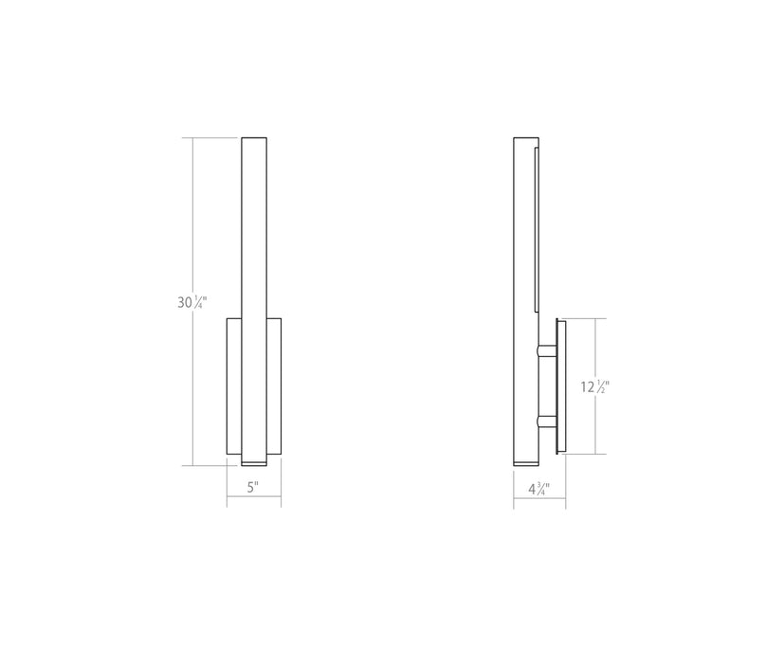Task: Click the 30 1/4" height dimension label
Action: pos(191,303)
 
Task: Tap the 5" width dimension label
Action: pos(253,488)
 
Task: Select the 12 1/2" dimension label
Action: pos(594,387)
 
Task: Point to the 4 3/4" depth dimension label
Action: pos(538,489)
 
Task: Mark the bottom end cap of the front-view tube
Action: pos(255,461)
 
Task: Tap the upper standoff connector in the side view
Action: pos(546,351)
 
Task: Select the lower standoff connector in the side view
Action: pos(546,421)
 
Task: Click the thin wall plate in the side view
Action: pos(561,387)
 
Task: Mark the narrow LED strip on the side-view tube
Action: pos(538,227)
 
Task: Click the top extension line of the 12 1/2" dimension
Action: pos(580,319)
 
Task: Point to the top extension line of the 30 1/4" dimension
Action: pos(213,138)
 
